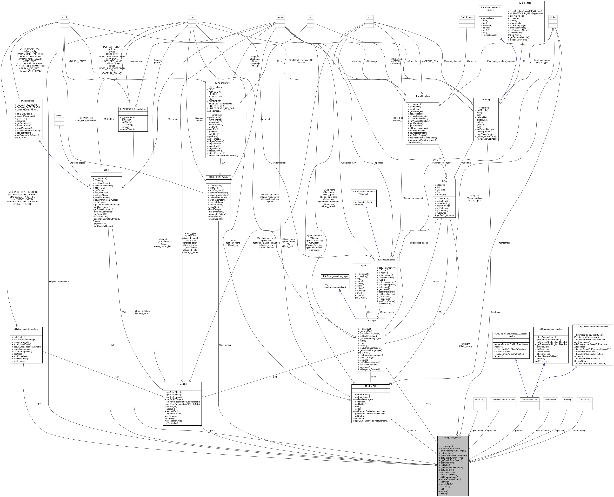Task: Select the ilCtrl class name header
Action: tap(107, 170)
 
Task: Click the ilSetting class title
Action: tap(486, 100)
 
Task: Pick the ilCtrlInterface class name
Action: tap(27, 101)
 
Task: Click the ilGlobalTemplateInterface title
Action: tap(26, 329)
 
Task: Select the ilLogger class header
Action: tap(362, 266)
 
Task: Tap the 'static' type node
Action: tap(553, 17)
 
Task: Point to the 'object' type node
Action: tap(59, 115)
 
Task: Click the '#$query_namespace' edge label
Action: tap(59, 282)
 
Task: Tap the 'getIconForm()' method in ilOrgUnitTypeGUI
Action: tap(447, 453)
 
